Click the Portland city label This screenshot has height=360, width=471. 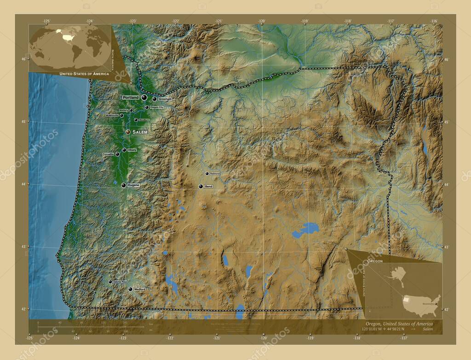tap(131, 98)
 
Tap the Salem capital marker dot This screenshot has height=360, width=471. tap(128, 132)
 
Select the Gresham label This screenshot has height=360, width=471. tap(165, 99)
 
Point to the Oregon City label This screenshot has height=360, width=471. tap(157, 108)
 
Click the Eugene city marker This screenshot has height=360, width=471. tap(123, 185)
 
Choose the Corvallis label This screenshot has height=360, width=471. tap(108, 154)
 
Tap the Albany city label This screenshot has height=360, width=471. tap(132, 150)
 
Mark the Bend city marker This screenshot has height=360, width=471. tap(201, 187)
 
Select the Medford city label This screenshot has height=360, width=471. tap(140, 289)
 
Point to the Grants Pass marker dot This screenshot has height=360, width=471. tap(110, 282)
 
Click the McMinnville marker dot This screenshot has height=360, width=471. tap(121, 115)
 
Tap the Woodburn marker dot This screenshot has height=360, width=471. tap(136, 120)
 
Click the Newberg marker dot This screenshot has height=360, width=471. tap(131, 110)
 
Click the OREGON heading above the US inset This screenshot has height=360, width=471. tap(375, 261)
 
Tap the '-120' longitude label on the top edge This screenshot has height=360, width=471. tap(262, 21)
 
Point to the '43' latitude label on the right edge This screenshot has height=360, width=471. tap(446, 247)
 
